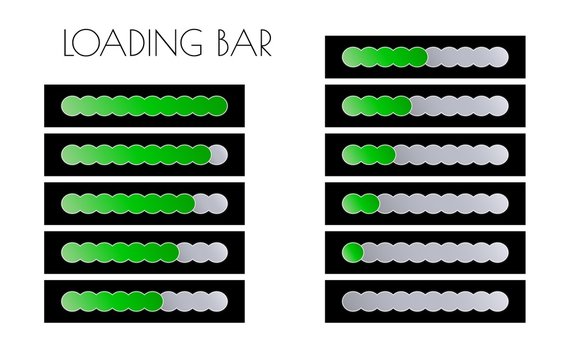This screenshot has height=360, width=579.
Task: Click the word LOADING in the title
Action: click(129, 45)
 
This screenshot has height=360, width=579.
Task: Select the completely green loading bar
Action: click(145, 106)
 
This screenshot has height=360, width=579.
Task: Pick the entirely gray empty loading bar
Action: click(425, 300)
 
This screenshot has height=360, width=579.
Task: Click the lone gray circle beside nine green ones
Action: click(218, 154)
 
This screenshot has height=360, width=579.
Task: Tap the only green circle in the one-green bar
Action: click(352, 252)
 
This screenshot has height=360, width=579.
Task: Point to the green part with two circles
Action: click(360, 203)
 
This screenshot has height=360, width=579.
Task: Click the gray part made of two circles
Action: click(210, 203)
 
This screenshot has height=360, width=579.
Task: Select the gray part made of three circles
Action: click(202, 252)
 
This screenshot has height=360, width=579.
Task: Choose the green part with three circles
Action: click(368, 154)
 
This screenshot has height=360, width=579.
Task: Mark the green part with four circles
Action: click(376, 105)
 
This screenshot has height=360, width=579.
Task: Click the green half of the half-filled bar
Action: click(384, 57)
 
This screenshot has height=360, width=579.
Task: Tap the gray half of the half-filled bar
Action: click(468, 57)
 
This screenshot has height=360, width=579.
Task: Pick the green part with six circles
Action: click(111, 300)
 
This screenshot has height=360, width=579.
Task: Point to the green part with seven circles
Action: click(120, 252)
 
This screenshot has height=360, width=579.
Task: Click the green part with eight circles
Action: click(128, 203)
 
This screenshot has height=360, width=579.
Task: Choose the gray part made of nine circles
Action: click(434, 252)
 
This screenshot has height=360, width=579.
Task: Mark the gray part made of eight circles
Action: click(443, 203)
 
